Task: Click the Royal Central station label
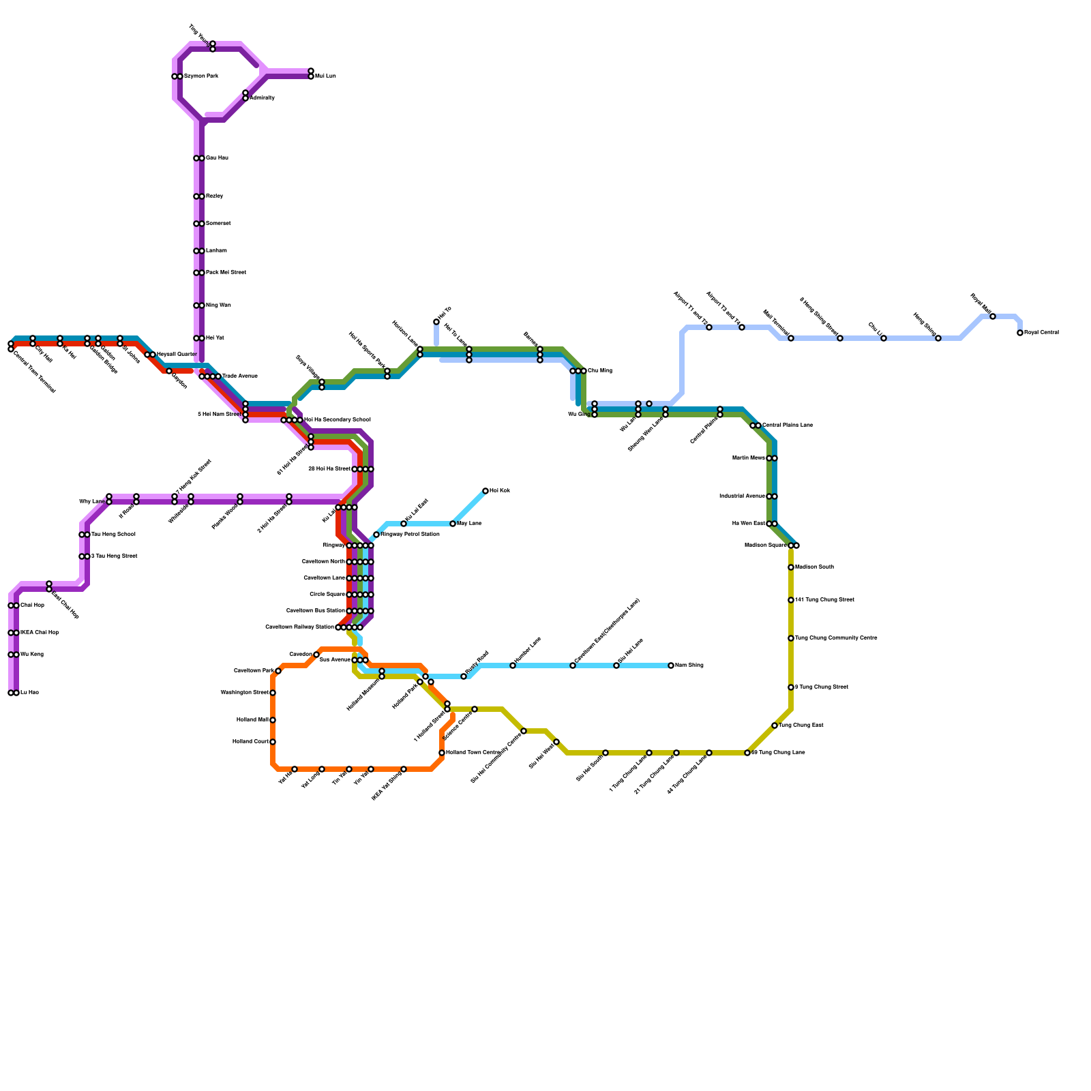[1041, 333]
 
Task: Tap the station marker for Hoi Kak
[485, 491]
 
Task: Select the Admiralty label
[263, 98]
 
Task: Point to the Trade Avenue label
[240, 376]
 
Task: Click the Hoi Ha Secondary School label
[338, 420]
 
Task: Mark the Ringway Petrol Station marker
[376, 535]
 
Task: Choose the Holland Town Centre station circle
[442, 753]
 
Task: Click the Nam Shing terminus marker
[671, 666]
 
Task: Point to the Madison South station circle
[791, 567]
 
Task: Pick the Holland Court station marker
[273, 742]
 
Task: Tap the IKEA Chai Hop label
[40, 633]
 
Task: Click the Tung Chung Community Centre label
[837, 638]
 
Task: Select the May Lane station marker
[453, 524]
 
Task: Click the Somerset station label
[218, 224]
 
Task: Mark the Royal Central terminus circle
[1020, 333]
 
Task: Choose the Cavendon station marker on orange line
[316, 655]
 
